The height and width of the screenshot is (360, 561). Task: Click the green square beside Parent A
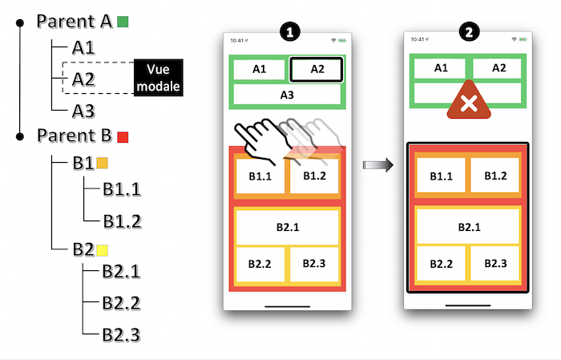122,22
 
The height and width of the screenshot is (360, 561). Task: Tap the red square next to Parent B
123,136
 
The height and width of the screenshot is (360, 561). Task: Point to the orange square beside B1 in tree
102,164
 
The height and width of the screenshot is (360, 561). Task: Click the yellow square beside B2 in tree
102,250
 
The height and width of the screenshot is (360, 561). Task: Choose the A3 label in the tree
84,110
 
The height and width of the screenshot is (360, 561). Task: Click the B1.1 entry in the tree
121,190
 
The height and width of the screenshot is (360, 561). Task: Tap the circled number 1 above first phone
289,32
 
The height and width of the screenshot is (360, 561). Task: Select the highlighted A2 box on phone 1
317,70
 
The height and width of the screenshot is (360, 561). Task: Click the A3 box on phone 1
287,95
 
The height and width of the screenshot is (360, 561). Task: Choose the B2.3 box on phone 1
315,263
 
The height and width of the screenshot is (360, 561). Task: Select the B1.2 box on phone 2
496,176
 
